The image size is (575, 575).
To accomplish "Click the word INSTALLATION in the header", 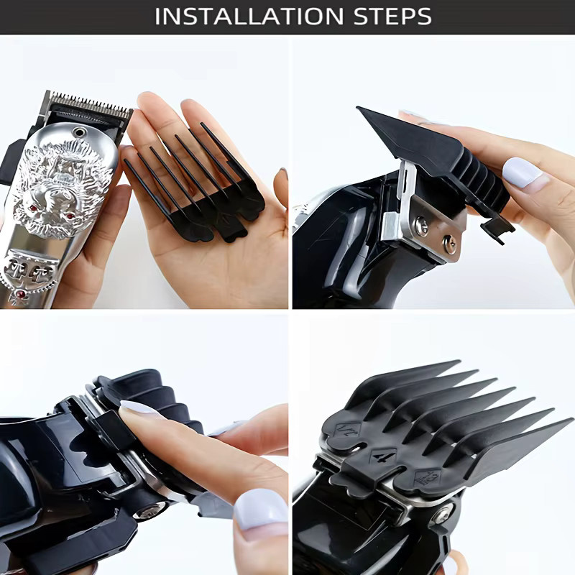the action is (249, 17).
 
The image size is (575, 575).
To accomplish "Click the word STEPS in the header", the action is (392, 17).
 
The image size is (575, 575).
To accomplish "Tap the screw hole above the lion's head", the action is (78, 132).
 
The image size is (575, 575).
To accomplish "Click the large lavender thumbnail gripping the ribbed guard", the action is (521, 173).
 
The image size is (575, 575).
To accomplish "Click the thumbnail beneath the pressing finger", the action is (261, 509).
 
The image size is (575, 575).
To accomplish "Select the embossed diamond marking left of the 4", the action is (348, 429).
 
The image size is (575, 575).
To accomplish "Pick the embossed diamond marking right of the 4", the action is (428, 477).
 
